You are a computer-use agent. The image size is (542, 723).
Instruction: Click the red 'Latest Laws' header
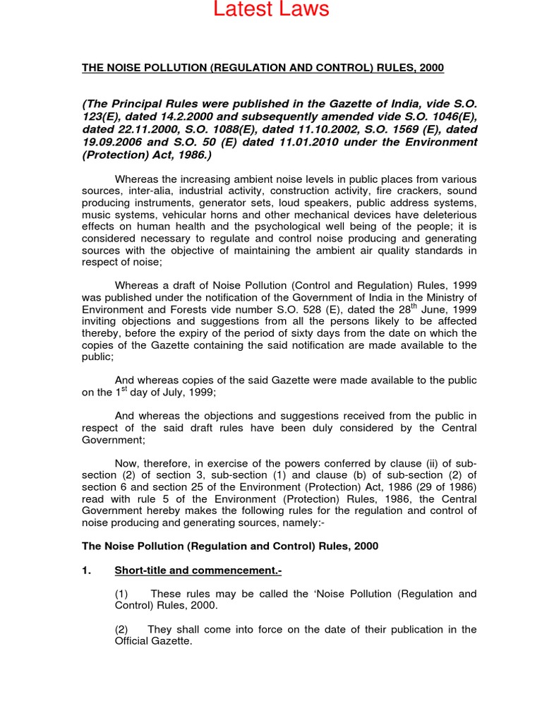[271, 10]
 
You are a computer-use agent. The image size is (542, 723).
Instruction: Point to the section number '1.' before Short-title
[87, 570]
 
